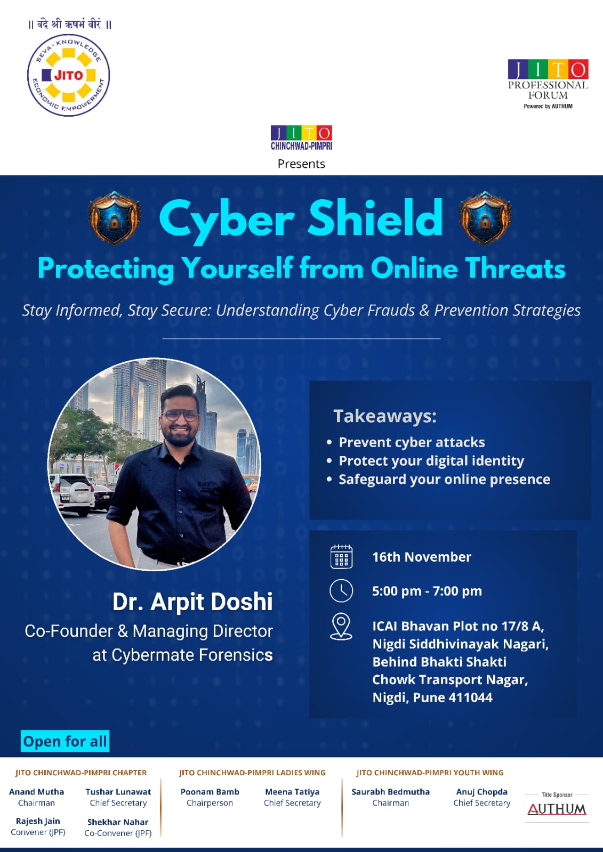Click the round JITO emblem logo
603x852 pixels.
pos(69,75)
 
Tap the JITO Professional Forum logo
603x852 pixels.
pos(548,84)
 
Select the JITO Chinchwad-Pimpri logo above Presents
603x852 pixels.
pos(302,137)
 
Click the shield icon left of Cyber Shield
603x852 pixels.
pos(114,218)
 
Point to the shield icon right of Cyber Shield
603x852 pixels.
pos(485,218)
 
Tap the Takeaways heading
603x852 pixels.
pos(385,416)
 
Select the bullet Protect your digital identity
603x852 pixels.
pos(431,460)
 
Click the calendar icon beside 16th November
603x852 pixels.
pos(341,557)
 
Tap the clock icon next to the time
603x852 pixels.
pos(341,591)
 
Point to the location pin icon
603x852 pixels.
pos(341,627)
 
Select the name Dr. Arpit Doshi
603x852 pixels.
pos(192,602)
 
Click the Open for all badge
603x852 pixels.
pos(65,741)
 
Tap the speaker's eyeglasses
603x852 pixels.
pos(180,416)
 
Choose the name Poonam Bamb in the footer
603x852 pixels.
pos(210,792)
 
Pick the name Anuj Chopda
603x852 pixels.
pos(481,792)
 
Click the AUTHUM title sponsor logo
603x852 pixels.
pos(557,809)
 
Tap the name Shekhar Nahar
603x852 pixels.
pos(118,822)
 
